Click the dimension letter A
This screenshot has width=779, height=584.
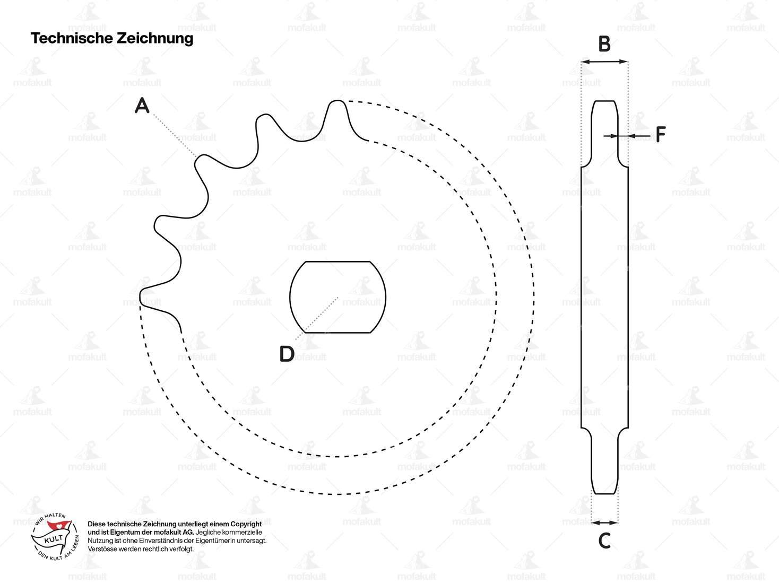142,106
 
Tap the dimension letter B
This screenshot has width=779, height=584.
604,44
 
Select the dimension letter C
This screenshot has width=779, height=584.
604,541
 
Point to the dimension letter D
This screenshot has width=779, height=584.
287,354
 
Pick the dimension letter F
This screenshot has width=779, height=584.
660,135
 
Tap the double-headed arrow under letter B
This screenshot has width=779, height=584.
604,62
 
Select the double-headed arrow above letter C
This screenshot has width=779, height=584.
604,522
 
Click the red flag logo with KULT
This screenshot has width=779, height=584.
56,533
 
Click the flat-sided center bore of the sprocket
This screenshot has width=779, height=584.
338,297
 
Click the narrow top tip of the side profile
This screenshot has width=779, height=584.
604,102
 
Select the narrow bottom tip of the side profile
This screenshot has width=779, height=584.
604,492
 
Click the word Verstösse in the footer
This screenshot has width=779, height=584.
102,549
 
